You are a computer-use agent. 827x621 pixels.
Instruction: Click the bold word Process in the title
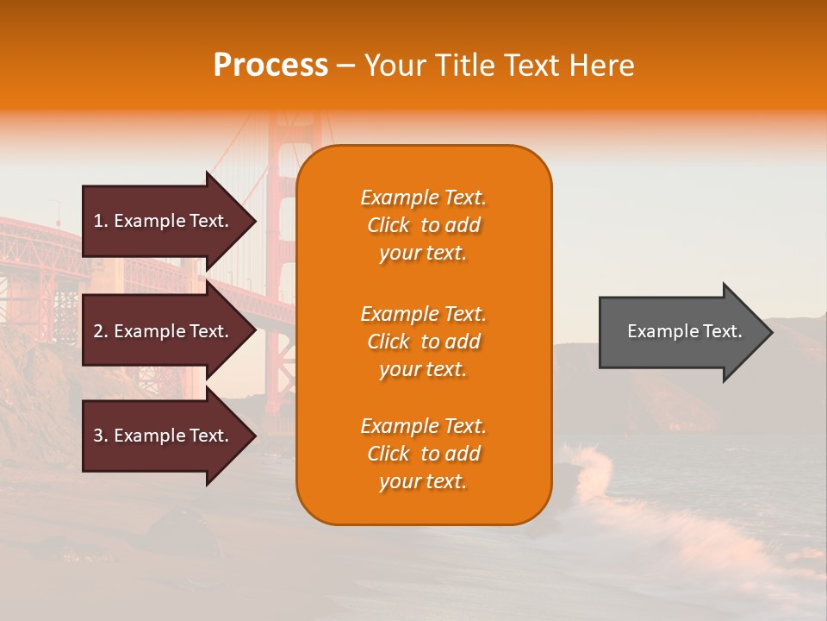(270, 66)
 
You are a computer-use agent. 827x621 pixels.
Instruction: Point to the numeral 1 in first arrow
(98, 221)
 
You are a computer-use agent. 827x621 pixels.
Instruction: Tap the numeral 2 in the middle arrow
(98, 331)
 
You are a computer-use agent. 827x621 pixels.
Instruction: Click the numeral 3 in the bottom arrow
(98, 436)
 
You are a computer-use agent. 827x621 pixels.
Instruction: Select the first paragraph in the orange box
(423, 225)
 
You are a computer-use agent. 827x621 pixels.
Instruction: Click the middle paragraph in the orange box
(423, 342)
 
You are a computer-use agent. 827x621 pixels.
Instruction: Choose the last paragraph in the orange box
(423, 454)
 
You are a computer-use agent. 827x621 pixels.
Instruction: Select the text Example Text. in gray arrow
(684, 331)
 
